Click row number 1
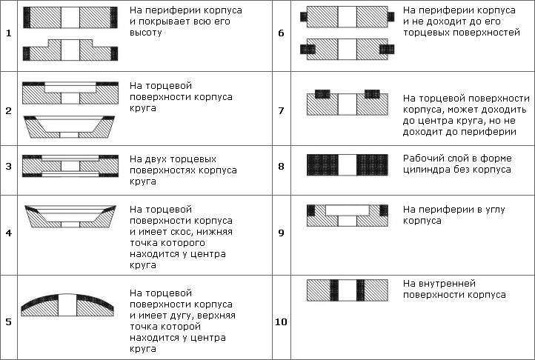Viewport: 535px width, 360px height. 9,33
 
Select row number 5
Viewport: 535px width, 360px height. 9,321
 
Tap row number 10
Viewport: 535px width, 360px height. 281,321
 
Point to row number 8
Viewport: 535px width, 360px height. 281,167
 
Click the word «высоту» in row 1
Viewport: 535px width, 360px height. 146,33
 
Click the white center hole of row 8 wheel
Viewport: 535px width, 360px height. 348,165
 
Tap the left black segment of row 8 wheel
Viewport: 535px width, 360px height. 322,165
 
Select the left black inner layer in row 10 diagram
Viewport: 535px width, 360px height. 334,290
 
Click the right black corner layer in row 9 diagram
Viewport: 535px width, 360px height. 384,210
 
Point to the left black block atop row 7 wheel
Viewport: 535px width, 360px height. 322,94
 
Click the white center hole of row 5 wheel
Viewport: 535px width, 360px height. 67,304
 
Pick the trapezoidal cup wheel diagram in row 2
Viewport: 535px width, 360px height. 69,127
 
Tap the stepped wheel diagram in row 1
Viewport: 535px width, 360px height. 70,50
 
